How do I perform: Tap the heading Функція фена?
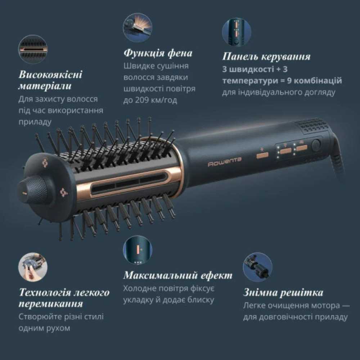pyautogui.click(x=158, y=53)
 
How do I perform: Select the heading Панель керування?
pyautogui.click(x=266, y=57)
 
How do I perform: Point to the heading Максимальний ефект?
pyautogui.click(x=177, y=276)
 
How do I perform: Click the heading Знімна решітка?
pyautogui.click(x=283, y=292)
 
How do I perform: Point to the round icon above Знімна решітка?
pyautogui.click(x=257, y=267)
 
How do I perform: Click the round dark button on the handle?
pyautogui.click(x=316, y=145)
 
